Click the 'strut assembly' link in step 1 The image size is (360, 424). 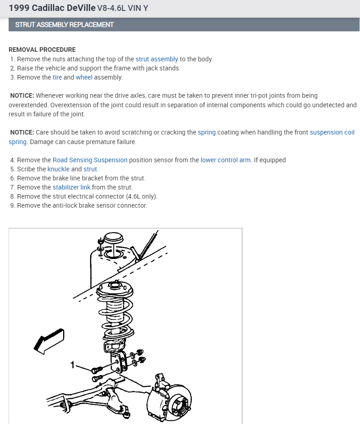[x=157, y=59]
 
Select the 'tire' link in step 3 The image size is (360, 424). [x=57, y=77]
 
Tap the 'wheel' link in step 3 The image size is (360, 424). [x=84, y=77]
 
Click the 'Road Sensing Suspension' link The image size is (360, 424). [x=90, y=160]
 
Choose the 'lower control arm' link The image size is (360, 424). [x=226, y=160]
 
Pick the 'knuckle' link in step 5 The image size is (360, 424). [x=59, y=169]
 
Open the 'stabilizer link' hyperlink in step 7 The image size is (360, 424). [x=72, y=187]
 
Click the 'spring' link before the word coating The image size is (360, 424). [x=207, y=132]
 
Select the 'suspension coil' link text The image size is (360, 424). [x=332, y=132]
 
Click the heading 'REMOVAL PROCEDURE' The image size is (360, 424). [x=42, y=50]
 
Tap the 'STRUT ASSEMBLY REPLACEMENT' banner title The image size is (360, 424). [x=64, y=25]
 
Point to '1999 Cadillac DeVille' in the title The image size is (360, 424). [x=52, y=8]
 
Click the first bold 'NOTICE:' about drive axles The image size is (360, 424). [x=22, y=95]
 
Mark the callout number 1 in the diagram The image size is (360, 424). [x=72, y=364]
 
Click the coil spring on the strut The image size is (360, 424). [x=115, y=314]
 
